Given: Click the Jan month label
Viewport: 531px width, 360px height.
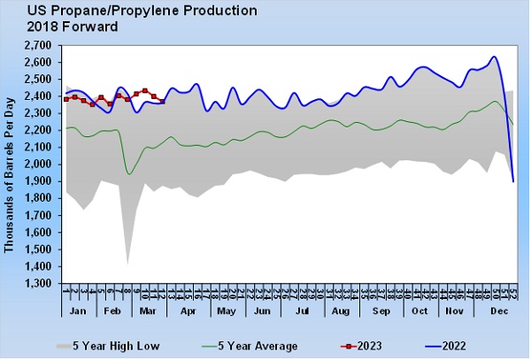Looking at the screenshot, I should coord(78,312).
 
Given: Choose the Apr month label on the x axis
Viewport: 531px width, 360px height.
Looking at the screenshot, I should coord(188,312).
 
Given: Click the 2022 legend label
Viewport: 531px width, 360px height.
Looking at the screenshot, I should coord(452,345).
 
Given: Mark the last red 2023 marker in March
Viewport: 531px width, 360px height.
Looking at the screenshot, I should coord(163,101).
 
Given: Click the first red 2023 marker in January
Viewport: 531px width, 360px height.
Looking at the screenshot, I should coord(66,99).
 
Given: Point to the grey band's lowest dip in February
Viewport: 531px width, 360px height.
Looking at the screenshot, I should coord(127,263).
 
